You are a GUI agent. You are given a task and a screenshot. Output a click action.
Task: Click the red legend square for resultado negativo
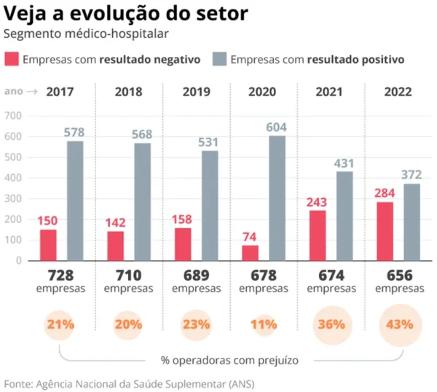point(12,59)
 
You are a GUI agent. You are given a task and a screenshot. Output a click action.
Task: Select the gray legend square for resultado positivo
point(219,59)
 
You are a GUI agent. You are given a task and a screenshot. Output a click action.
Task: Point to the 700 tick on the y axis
point(13,116)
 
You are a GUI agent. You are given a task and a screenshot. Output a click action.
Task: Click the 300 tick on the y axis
point(13,198)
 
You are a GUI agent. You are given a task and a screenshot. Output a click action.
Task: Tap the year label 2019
point(197,93)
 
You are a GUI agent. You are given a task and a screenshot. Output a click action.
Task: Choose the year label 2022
point(398,93)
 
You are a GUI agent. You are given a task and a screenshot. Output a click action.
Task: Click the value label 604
point(277,128)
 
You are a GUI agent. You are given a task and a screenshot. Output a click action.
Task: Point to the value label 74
point(250,237)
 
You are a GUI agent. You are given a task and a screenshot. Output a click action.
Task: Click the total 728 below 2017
point(61,275)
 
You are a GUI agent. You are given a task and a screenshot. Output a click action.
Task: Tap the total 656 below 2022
point(397,275)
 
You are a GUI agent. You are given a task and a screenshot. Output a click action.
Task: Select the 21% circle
point(61,324)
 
